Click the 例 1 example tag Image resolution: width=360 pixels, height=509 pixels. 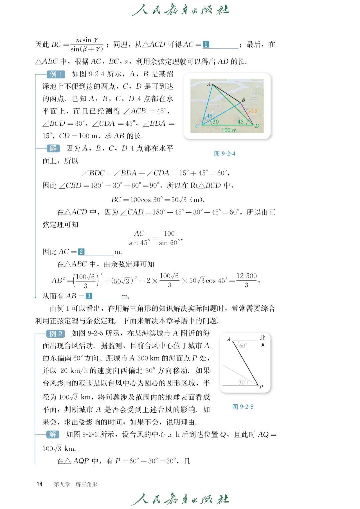(56, 74)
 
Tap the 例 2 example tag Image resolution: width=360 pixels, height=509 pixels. (56, 333)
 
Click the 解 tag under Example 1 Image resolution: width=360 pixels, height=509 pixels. (53, 148)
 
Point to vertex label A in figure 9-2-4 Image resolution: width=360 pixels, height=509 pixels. (209, 84)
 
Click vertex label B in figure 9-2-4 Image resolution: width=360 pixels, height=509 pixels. (243, 99)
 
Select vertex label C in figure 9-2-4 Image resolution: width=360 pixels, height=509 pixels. (197, 126)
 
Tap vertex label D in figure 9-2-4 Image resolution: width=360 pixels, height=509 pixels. (257, 126)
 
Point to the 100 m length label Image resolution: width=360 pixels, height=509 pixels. (229, 130)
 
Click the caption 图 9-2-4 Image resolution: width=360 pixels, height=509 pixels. (225, 154)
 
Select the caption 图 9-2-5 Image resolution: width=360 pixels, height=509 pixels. (243, 407)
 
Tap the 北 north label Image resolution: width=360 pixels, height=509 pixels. (263, 338)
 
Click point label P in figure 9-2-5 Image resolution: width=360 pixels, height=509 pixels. (261, 387)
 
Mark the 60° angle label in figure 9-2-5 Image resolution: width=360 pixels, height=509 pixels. (243, 346)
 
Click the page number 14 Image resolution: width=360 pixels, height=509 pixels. (40, 484)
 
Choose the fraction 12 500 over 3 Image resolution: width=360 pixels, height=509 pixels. (246, 280)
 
